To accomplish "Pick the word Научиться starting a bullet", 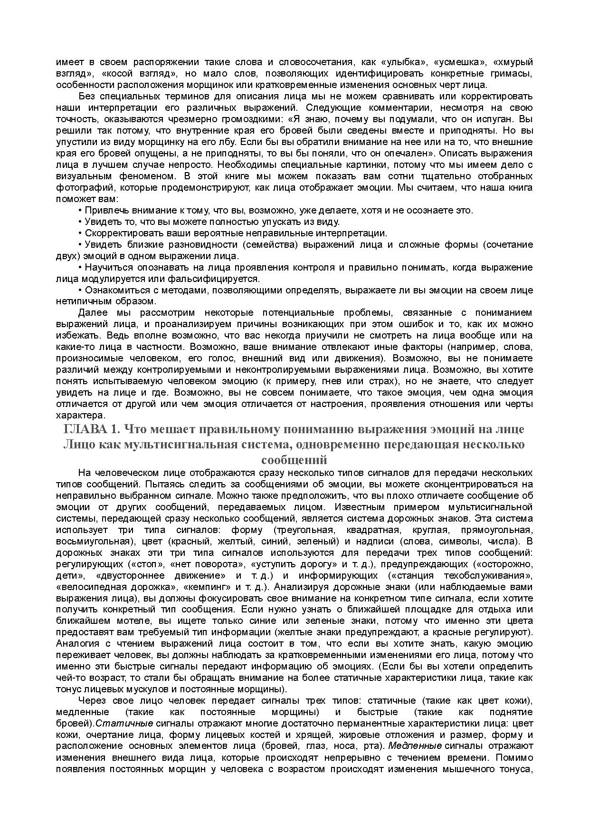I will point(105,268).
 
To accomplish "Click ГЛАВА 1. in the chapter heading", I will point(91,429).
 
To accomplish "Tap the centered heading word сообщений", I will point(294,460).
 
